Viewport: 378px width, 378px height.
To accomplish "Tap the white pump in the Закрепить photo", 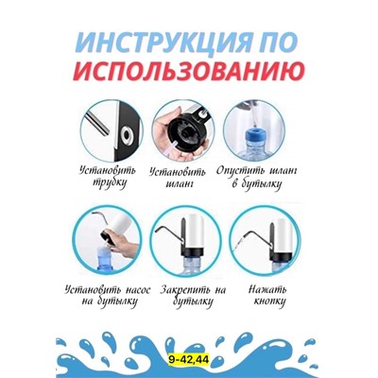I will click(x=195, y=234).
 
